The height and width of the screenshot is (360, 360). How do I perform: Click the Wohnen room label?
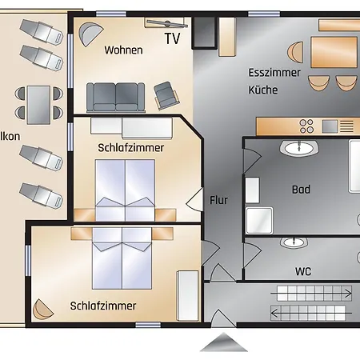click(x=123, y=50)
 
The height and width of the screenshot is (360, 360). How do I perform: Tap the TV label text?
click(x=173, y=38)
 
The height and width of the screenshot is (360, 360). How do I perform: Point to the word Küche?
click(x=262, y=90)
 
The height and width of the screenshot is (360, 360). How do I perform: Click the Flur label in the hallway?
click(x=218, y=200)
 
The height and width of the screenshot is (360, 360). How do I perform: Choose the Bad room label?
click(x=301, y=190)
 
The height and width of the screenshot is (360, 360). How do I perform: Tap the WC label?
click(x=303, y=271)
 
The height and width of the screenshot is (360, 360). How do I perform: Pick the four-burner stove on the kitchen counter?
click(x=306, y=126)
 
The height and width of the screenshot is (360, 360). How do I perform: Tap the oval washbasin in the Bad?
click(x=298, y=147)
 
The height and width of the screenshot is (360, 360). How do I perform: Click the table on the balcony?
click(x=38, y=102)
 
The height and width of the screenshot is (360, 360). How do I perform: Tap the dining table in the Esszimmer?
click(x=334, y=52)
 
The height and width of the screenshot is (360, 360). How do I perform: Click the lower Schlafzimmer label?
click(x=102, y=306)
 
